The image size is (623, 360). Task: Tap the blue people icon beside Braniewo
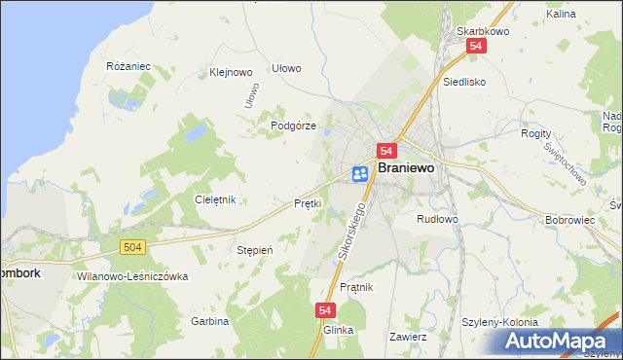tap(360, 173)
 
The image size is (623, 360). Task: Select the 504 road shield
tap(134, 248)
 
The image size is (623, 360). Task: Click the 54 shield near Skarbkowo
tap(475, 46)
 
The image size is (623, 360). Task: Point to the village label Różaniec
tap(128, 66)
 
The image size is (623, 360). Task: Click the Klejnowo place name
tap(231, 72)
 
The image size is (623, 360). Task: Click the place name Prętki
tap(308, 203)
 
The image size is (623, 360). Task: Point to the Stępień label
tap(255, 250)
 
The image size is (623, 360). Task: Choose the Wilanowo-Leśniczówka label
tap(130, 276)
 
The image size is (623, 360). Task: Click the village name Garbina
tap(209, 321)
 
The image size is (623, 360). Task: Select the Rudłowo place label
tap(437, 219)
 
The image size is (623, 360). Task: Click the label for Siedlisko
tap(464, 83)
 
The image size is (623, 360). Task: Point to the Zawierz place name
tap(408, 337)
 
